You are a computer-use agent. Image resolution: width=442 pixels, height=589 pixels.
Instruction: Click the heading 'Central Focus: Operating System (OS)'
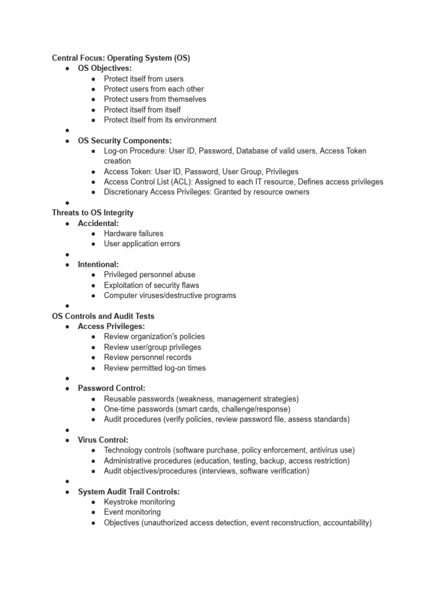click(121, 58)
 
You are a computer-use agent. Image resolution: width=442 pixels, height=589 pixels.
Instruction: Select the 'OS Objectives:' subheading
click(105, 68)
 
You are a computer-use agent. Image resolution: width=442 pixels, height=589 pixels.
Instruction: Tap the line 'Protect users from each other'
click(154, 89)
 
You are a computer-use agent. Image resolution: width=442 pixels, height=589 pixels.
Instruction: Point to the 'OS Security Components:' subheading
click(125, 140)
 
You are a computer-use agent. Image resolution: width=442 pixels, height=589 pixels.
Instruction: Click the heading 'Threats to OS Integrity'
click(93, 213)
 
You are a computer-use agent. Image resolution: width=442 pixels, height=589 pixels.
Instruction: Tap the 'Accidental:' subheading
click(98, 223)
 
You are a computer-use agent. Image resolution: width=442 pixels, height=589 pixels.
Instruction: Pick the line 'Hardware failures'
click(134, 234)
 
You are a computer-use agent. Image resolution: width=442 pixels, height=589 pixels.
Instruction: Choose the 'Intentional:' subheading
click(98, 265)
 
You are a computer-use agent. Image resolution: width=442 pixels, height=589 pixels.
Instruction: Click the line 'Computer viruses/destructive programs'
click(170, 296)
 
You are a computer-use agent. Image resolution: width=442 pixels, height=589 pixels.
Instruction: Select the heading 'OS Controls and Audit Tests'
click(103, 316)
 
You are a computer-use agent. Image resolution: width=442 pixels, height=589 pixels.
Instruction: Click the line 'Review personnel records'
click(147, 357)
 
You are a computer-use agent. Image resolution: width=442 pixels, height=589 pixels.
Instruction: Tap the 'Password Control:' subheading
click(112, 388)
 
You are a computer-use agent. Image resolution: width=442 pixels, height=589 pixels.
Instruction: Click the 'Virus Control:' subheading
click(103, 440)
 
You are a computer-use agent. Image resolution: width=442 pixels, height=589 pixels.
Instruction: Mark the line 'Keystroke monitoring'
click(139, 502)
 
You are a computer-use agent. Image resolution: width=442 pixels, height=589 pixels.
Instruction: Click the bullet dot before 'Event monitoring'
click(94, 512)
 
